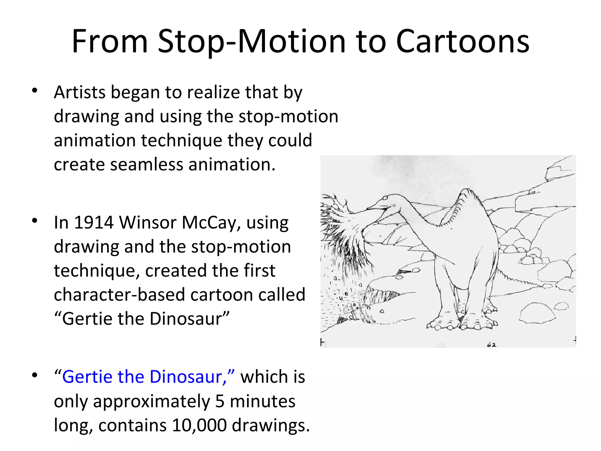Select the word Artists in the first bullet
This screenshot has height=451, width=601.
[x=80, y=92]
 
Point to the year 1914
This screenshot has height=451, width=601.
[x=93, y=223]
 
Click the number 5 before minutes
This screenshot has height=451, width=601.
[x=220, y=401]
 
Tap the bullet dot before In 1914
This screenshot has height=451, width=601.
[x=35, y=221]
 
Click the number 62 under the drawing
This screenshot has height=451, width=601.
[x=492, y=345]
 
